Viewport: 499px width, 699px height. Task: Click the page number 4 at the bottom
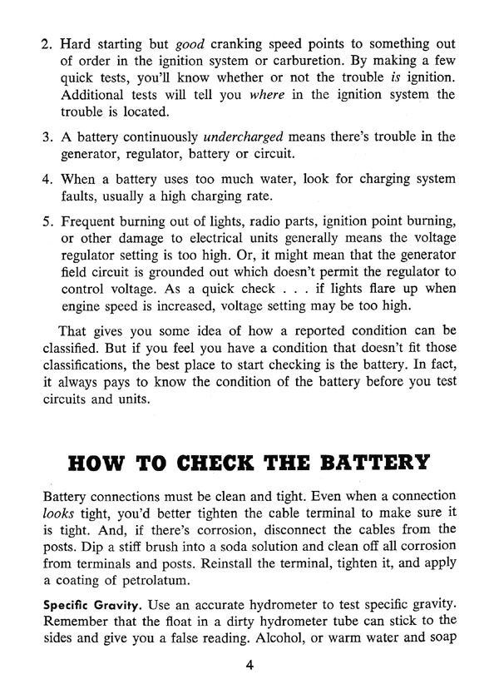(x=249, y=665)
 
